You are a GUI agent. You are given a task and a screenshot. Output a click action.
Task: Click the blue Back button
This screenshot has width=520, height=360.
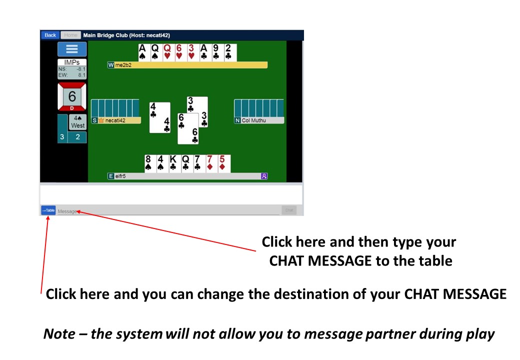50,35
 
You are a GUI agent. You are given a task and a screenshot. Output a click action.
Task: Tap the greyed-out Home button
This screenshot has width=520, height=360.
70,35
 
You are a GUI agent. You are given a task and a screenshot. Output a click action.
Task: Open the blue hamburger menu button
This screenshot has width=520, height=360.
72,49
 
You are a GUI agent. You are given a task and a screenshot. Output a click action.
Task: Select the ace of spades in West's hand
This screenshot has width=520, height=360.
142,52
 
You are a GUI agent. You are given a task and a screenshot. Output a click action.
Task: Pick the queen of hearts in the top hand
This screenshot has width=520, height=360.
167,52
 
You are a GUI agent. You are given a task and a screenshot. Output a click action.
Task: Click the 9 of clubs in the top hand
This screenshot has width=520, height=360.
215,52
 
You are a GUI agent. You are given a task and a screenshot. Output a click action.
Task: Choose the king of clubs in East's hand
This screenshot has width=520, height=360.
173,163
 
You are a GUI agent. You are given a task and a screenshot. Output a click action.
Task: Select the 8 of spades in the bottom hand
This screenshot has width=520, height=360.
148,163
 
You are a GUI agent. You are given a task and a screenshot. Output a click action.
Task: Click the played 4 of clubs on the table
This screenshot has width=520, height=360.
159,117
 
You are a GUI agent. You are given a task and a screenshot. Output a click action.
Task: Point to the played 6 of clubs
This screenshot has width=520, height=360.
188,128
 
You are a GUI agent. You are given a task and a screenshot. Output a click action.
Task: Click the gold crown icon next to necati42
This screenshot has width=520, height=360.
100,120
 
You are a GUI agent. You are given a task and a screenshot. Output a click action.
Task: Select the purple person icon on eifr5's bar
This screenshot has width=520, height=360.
264,176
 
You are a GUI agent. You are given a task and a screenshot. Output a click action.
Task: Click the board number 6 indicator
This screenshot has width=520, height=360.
72,97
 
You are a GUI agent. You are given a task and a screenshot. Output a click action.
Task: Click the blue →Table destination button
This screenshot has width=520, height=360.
48,210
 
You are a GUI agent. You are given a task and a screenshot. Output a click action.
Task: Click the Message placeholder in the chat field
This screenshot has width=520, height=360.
67,211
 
